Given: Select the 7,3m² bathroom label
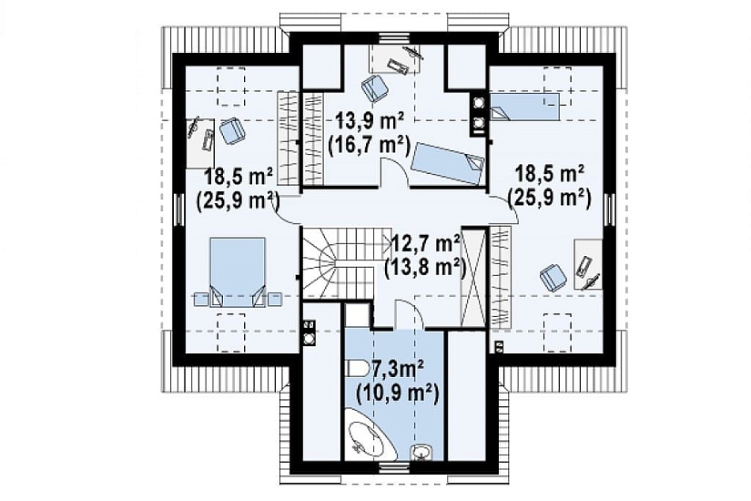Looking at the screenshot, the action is [397, 371].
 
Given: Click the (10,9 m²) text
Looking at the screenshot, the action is [398, 395].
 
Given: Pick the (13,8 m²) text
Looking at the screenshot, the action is [426, 268].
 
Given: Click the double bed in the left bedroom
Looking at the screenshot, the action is [238, 271].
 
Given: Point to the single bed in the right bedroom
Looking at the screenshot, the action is [524, 107].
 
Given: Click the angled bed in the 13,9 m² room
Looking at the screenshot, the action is [448, 162].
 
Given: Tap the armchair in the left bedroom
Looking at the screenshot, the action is [233, 130].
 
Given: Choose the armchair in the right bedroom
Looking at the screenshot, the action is [553, 277].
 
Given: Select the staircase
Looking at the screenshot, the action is [345, 261].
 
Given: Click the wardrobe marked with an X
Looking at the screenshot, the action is [473, 277].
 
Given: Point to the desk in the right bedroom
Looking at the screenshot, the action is [588, 264].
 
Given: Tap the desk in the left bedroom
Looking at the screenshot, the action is [200, 142].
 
